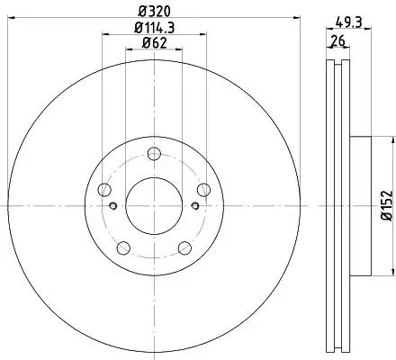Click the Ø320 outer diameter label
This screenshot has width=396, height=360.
click(x=154, y=12)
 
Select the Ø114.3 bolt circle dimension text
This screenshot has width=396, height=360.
click(x=154, y=28)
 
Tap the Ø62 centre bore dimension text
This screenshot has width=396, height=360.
click(x=154, y=43)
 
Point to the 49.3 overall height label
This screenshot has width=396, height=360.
click(x=349, y=22)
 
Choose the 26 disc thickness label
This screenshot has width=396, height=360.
click(x=337, y=40)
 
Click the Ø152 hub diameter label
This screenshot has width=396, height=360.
click(x=387, y=205)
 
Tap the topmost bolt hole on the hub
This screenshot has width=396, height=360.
click(x=154, y=154)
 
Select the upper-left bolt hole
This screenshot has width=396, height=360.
click(x=104, y=190)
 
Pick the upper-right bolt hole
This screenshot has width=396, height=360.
click(x=203, y=190)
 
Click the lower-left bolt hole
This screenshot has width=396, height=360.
click(x=123, y=247)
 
